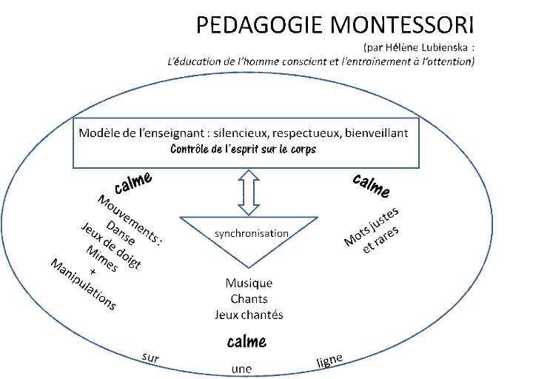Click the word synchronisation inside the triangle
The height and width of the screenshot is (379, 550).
pyautogui.click(x=251, y=233)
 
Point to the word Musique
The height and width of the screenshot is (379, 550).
pyautogui.click(x=249, y=284)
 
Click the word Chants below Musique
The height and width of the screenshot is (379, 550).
pyautogui.click(x=249, y=299)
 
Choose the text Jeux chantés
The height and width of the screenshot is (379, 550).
pyautogui.click(x=249, y=315)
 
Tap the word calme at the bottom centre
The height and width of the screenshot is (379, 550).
pyautogui.click(x=247, y=341)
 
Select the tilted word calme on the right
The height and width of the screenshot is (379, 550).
pyautogui.click(x=371, y=185)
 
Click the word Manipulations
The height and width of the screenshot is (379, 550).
pyautogui.click(x=83, y=284)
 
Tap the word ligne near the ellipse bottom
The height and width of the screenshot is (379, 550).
pyautogui.click(x=329, y=360)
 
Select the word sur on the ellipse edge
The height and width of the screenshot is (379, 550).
pyautogui.click(x=150, y=358)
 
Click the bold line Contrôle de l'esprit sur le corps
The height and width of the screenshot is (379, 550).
pyautogui.click(x=244, y=149)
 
